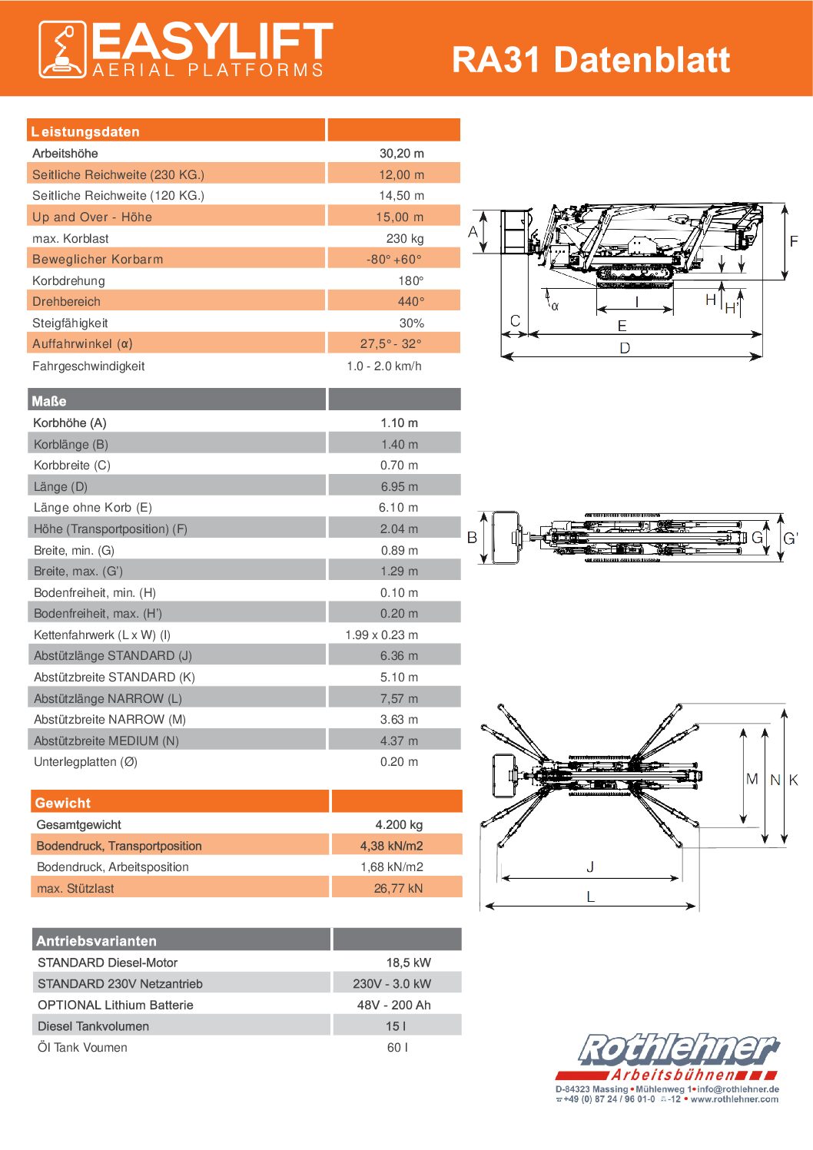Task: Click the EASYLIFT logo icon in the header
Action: coord(62,50)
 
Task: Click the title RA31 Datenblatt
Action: coord(590,60)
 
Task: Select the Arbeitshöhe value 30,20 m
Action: coord(401,153)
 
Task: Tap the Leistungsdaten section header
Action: coord(85,131)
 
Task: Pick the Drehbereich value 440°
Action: coord(410,301)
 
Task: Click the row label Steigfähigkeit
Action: coord(70,323)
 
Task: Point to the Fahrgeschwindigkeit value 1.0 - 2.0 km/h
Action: coord(383,366)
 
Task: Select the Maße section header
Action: coord(49,401)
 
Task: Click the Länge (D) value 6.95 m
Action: coord(399,486)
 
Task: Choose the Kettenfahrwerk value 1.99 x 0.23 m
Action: coord(381,635)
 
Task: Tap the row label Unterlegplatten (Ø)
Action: coord(85,761)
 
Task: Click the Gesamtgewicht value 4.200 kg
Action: coord(399,824)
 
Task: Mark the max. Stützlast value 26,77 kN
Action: coord(398,888)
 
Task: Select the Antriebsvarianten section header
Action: coord(96,940)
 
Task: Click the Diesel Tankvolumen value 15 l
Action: coord(396,1026)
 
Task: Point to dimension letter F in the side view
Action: coord(794,241)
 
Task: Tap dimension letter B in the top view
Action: coord(472,538)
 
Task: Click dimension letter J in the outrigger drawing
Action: coord(590,867)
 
